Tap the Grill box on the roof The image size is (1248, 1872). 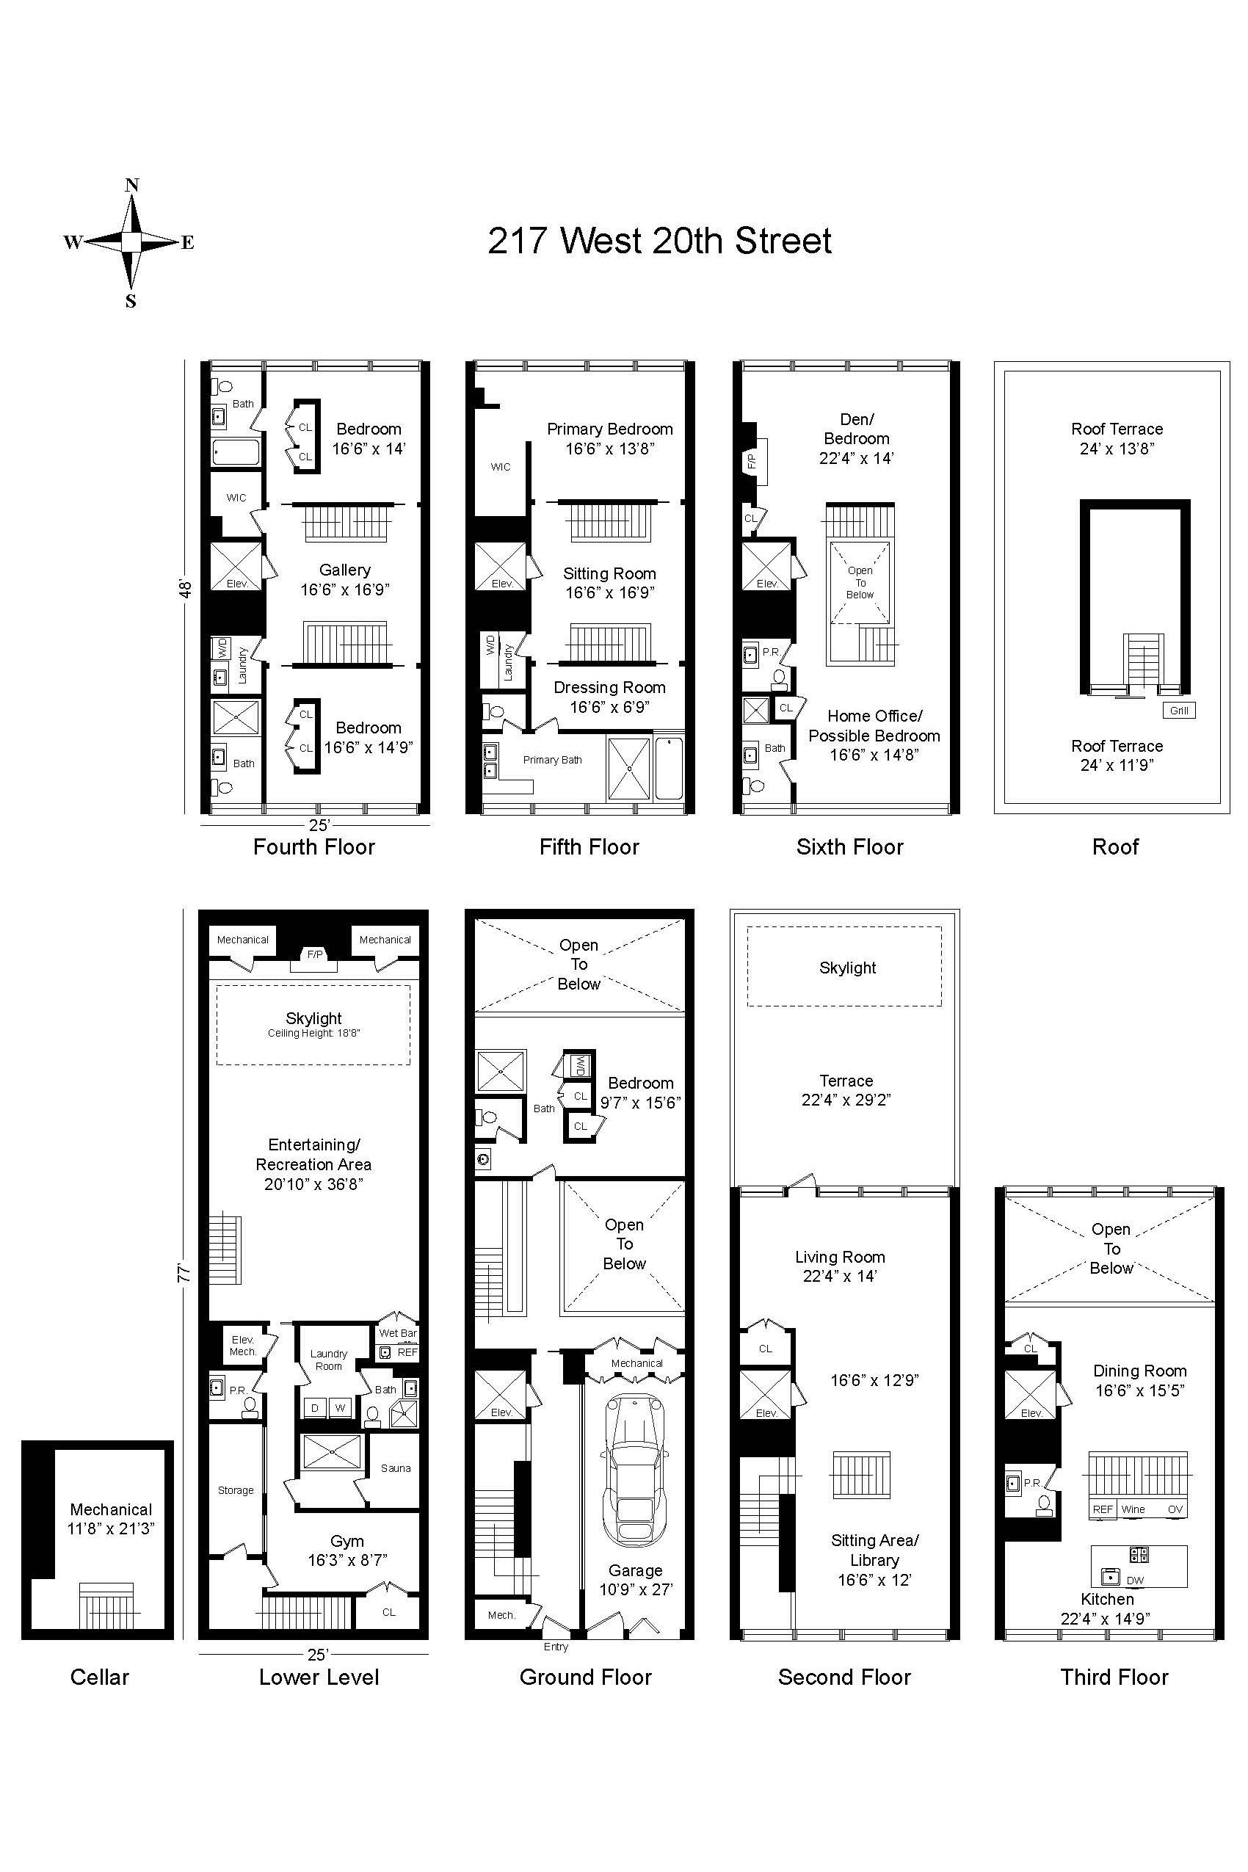click(x=1179, y=711)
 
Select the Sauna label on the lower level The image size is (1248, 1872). click(x=396, y=1468)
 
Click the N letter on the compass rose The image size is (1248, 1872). click(x=132, y=186)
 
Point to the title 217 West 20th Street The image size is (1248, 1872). click(x=660, y=242)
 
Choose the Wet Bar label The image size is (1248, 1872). click(x=398, y=1333)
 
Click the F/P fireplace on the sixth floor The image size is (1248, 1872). click(x=752, y=461)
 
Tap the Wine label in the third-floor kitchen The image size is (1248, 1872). click(x=1133, y=1509)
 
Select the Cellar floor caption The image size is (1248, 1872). click(x=100, y=1677)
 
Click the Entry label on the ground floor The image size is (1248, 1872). click(x=556, y=1647)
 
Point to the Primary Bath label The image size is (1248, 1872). click(x=552, y=760)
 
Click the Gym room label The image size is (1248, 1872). click(x=347, y=1542)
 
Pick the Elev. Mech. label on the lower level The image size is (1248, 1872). click(x=243, y=1345)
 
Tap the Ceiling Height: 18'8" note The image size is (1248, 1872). click(x=313, y=1033)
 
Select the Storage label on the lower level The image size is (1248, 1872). click(x=236, y=1490)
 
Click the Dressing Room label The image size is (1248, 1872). click(x=609, y=688)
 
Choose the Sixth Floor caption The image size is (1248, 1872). click(x=850, y=847)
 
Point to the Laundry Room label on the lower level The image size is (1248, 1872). click(x=329, y=1360)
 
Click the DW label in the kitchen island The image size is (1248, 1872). click(x=1135, y=1581)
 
